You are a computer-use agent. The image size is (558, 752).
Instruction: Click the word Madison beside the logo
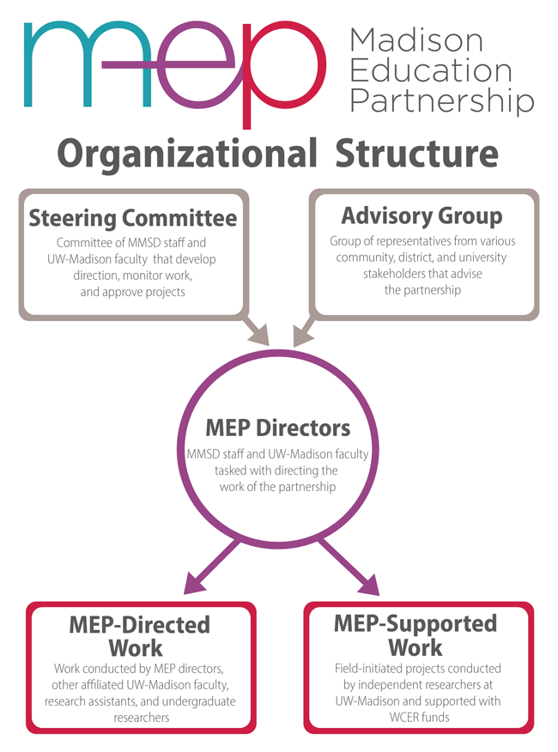[x=416, y=40]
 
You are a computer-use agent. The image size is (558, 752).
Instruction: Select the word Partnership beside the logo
[x=442, y=100]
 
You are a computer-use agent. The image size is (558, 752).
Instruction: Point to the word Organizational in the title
[x=187, y=155]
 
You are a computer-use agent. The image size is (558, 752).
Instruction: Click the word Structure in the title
[x=417, y=154]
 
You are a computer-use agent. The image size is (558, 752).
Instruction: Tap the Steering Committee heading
[x=133, y=218]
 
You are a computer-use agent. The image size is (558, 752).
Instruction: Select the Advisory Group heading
[x=422, y=216]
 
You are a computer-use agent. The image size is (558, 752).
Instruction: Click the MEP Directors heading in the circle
[x=278, y=428]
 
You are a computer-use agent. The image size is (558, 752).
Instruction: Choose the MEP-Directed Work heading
[x=139, y=636]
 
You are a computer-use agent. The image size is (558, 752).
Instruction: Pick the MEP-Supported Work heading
[x=415, y=635]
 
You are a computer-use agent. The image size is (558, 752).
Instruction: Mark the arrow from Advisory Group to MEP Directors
[x=304, y=330]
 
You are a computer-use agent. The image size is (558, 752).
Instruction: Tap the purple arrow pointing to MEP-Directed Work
[x=211, y=567]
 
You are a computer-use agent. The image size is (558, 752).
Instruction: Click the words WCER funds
[x=419, y=718]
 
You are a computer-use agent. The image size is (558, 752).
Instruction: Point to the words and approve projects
[x=132, y=292]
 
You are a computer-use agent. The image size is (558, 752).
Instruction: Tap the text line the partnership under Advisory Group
[x=422, y=290]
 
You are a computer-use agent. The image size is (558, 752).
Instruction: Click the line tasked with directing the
[x=276, y=470]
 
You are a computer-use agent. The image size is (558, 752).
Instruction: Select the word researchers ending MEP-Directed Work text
[x=142, y=718]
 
